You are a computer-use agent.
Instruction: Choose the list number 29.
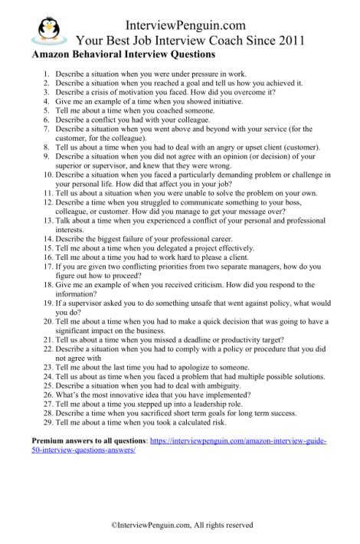pyautogui.click(x=44, y=421)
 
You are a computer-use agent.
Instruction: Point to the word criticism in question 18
pyautogui.click(x=191, y=303)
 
